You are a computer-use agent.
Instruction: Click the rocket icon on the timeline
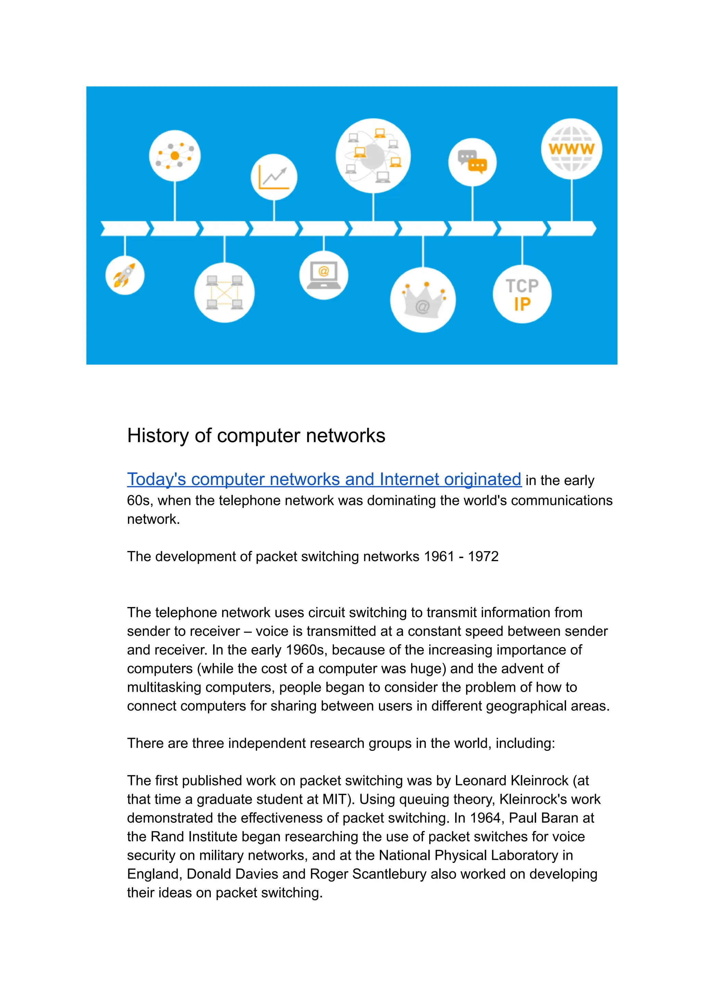click(x=125, y=275)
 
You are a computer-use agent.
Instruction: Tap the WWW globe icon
click(x=572, y=149)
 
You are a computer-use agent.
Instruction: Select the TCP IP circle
click(x=522, y=295)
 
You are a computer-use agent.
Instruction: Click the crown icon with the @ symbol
click(x=423, y=300)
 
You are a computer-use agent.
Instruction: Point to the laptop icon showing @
click(x=324, y=275)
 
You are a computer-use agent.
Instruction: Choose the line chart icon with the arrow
click(x=274, y=177)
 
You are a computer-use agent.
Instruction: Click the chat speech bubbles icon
click(x=472, y=162)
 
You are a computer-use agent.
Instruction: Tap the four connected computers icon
click(x=225, y=293)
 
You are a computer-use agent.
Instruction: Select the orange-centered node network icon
click(x=175, y=156)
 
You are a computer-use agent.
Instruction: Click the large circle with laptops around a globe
click(x=373, y=156)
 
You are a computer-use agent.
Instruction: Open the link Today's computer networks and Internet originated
click(x=324, y=479)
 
